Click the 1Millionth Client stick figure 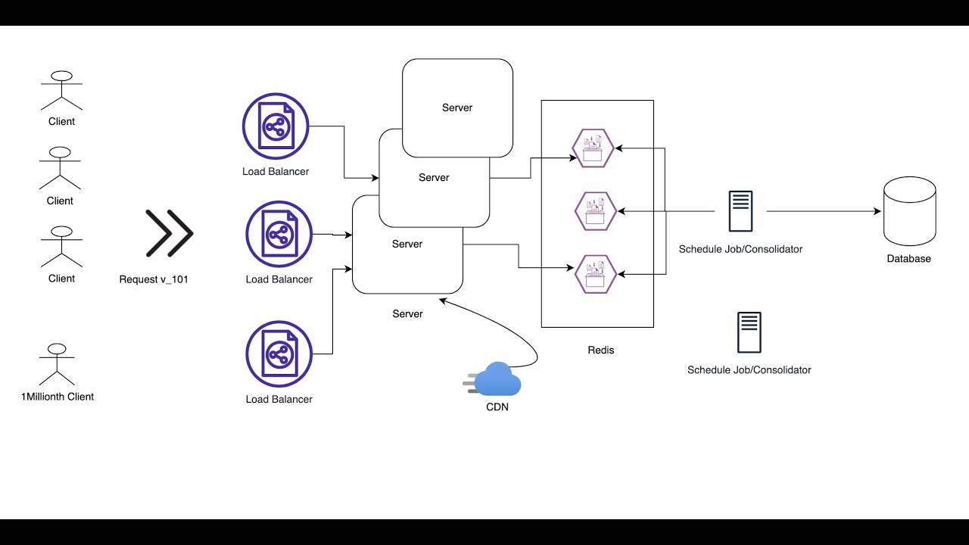[x=57, y=365]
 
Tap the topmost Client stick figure [x=61, y=92]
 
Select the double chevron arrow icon [x=169, y=233]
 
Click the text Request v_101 [x=154, y=279]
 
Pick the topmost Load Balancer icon [x=276, y=126]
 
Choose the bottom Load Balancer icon [x=279, y=353]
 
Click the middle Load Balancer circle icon [x=279, y=234]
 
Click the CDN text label [x=497, y=407]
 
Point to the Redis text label [x=601, y=350]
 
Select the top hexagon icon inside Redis [x=594, y=148]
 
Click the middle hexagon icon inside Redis [x=594, y=211]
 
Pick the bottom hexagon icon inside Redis [x=595, y=274]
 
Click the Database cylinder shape [x=909, y=213]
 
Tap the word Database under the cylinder [x=908, y=259]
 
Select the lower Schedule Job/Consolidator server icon [x=749, y=333]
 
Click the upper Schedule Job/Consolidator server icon [x=740, y=211]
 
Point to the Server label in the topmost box [x=457, y=107]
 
